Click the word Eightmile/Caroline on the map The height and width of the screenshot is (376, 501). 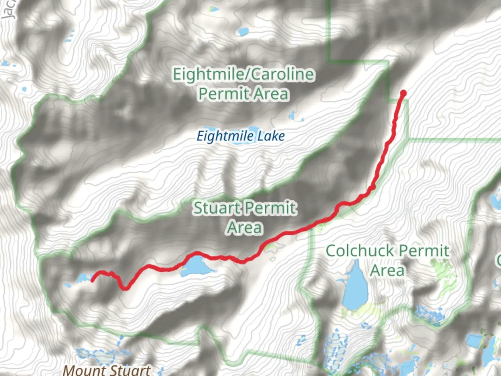(x=244, y=75)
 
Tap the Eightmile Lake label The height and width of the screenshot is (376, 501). (x=241, y=136)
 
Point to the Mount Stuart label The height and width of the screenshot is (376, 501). (x=107, y=369)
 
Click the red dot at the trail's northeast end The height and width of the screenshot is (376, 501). (x=403, y=93)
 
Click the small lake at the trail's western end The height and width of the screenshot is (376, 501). (x=83, y=278)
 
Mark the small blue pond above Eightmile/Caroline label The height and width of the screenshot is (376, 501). (x=243, y=32)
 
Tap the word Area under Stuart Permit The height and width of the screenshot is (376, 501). (x=245, y=228)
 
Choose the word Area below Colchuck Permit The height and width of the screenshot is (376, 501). (x=387, y=271)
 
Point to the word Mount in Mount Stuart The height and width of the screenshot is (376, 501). (x=84, y=369)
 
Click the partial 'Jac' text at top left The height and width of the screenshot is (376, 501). (x=8, y=10)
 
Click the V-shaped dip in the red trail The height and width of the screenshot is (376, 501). (x=125, y=287)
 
